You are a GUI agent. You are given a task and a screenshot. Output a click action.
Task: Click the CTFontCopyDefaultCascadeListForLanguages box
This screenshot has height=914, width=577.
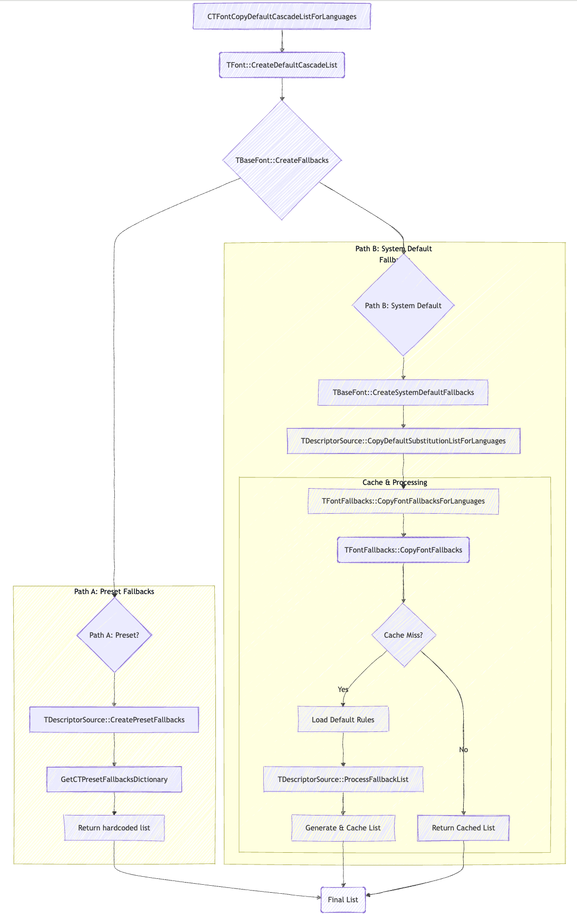(x=282, y=17)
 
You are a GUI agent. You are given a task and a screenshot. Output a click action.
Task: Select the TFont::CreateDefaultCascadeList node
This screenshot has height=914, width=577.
(x=282, y=65)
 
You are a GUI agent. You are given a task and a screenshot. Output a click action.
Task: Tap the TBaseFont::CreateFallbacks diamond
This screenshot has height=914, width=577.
(x=282, y=160)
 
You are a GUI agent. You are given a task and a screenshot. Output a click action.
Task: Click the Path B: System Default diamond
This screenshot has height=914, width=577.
(x=403, y=306)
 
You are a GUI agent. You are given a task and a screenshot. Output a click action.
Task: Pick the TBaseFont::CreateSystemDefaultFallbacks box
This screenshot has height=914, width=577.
(x=403, y=392)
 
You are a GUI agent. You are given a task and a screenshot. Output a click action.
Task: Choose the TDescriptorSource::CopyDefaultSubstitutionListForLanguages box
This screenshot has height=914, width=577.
(x=403, y=441)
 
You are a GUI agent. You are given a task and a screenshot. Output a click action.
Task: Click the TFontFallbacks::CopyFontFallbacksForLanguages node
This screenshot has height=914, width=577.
(x=403, y=501)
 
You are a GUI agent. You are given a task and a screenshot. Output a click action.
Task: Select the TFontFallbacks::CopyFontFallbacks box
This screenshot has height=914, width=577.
(x=403, y=550)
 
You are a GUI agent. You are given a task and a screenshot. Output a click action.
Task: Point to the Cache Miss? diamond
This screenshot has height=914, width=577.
(x=404, y=635)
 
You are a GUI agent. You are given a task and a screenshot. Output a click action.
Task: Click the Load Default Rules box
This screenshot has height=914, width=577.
(x=343, y=720)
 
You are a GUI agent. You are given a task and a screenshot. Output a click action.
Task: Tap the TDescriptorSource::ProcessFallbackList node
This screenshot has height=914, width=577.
(x=343, y=779)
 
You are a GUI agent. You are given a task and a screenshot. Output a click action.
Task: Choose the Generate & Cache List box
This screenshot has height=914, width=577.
(x=343, y=828)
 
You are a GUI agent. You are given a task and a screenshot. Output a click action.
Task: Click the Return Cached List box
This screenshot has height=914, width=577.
(x=463, y=828)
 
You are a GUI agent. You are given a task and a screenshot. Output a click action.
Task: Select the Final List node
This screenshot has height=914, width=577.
(x=343, y=900)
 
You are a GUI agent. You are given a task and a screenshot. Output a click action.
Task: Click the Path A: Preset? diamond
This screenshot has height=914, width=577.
(x=114, y=635)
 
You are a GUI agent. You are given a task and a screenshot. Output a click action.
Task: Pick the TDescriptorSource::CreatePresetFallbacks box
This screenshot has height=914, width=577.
(x=114, y=720)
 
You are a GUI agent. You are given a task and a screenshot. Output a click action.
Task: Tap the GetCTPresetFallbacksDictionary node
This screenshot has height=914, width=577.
(x=114, y=779)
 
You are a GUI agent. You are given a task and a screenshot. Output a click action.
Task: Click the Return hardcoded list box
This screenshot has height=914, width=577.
(x=114, y=828)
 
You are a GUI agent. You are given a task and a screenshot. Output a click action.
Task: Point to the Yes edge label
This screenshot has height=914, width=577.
(x=343, y=689)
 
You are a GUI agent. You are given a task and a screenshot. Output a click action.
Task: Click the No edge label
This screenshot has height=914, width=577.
(x=464, y=750)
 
